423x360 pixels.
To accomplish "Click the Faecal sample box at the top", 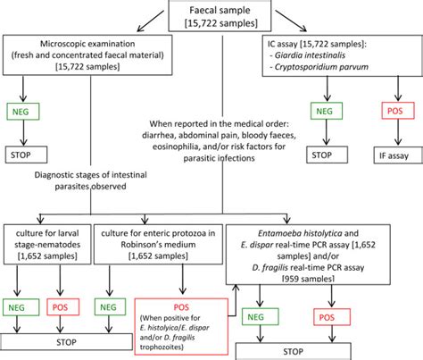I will click(211, 13).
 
